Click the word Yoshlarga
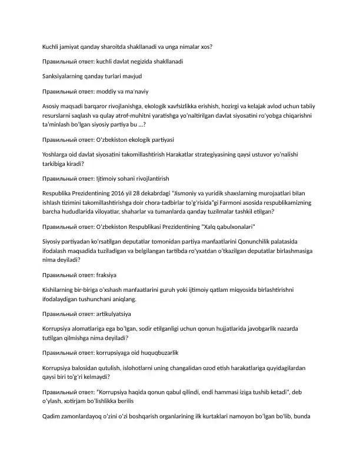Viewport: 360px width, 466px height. (x=57, y=155)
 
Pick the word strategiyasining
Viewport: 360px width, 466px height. (x=218, y=155)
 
